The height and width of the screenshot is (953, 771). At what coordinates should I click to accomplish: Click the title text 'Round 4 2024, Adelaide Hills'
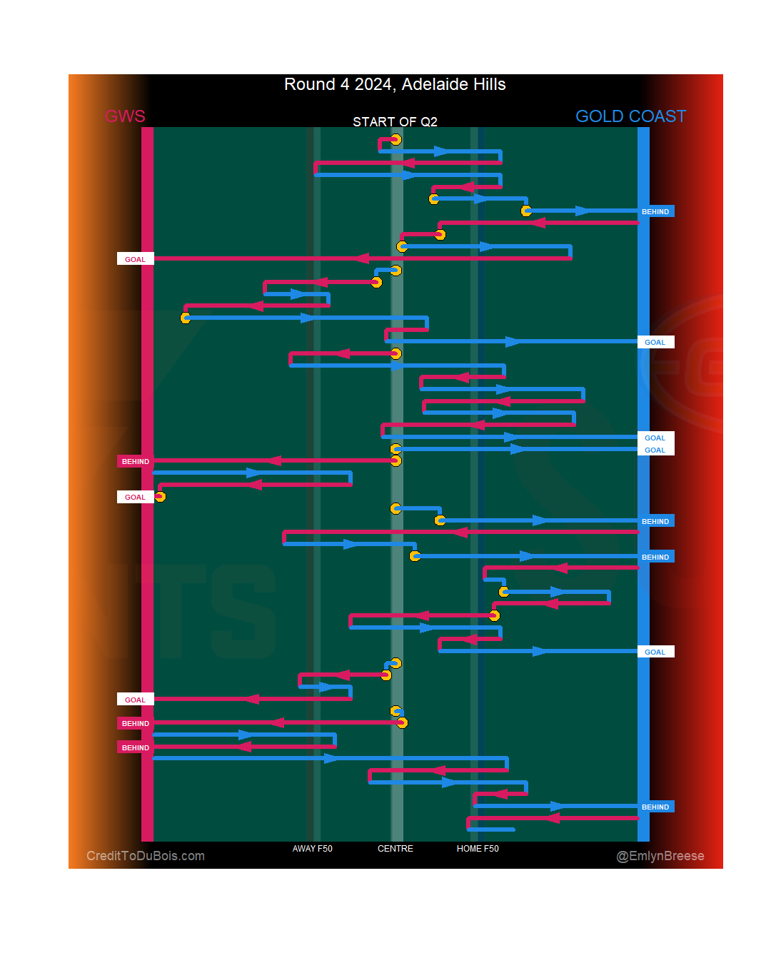(395, 84)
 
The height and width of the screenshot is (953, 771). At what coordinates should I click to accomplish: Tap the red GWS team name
(125, 116)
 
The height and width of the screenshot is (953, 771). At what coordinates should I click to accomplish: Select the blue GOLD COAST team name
(630, 116)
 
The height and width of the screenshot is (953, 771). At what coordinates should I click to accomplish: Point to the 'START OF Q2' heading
(395, 122)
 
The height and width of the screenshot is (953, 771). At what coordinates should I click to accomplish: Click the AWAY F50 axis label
(312, 849)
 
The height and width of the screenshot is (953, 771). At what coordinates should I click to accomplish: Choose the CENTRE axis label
(395, 849)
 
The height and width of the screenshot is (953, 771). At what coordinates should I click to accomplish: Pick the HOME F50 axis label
(478, 849)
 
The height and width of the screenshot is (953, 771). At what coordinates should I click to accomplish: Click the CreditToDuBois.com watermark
(146, 856)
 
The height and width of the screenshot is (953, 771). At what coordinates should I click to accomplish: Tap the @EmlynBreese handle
(660, 856)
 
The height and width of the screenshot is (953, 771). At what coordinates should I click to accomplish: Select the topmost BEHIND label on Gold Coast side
(655, 211)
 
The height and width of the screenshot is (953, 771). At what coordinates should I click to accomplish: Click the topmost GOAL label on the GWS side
(135, 259)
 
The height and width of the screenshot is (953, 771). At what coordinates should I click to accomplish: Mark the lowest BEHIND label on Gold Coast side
(655, 807)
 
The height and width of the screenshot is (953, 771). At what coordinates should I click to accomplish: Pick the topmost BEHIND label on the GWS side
(135, 461)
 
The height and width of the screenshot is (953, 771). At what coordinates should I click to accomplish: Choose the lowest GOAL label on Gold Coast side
(655, 652)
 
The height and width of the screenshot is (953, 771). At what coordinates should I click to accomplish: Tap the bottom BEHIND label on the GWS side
(135, 747)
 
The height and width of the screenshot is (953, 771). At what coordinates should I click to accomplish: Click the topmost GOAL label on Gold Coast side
(655, 342)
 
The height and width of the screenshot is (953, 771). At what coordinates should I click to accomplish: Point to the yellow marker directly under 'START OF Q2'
(395, 139)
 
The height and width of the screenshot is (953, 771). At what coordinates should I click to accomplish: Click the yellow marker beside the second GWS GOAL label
(160, 497)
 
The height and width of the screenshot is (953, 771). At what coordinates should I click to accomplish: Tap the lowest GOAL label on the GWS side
(135, 700)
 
